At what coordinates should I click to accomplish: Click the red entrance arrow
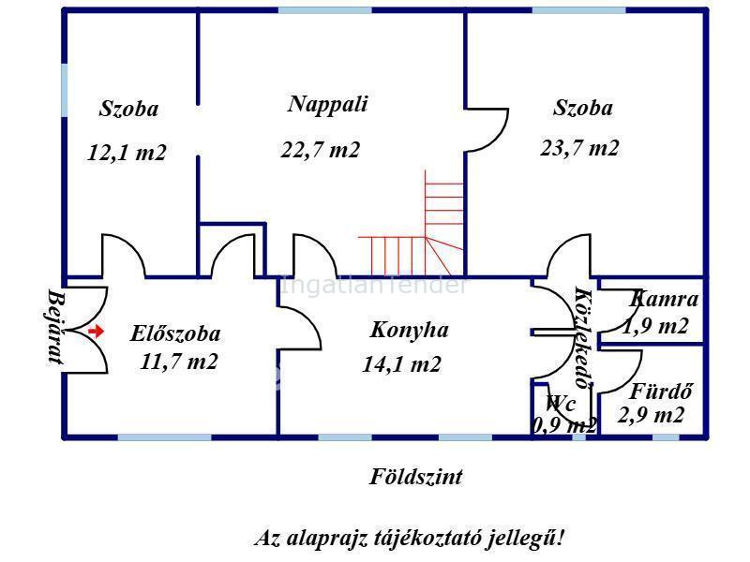[x=96, y=331]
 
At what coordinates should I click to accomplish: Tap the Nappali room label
[x=327, y=104]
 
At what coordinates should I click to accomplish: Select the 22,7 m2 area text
[x=320, y=150]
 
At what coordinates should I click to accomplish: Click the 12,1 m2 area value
[x=127, y=153]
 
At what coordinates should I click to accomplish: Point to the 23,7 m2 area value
[x=579, y=148]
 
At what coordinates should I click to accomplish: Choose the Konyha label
[x=409, y=330]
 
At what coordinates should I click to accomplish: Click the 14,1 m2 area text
[x=401, y=365]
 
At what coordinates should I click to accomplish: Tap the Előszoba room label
[x=176, y=333]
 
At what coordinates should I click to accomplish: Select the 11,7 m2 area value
[x=178, y=362]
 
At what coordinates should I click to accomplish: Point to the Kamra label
[x=666, y=300]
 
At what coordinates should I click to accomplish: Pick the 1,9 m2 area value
[x=656, y=326]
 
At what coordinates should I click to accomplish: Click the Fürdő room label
[x=660, y=392]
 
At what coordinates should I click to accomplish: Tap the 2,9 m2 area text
[x=652, y=415]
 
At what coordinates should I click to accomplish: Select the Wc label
[x=561, y=404]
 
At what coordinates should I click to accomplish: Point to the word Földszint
[x=415, y=477]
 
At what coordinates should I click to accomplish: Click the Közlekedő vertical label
[x=581, y=337]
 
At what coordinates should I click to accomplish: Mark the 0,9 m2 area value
[x=564, y=425]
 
